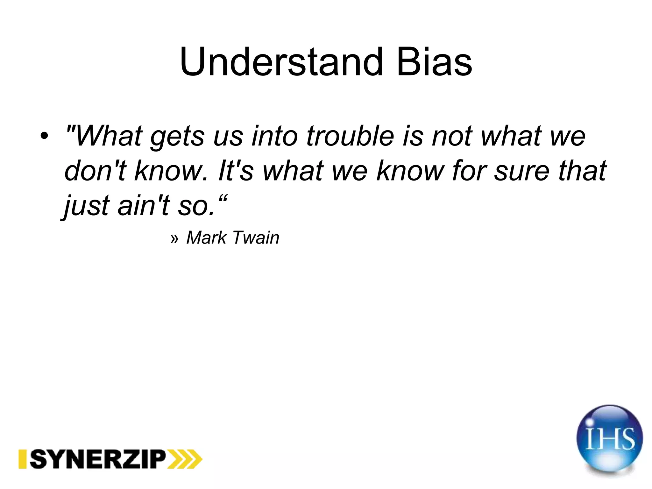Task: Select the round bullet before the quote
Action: [44, 136]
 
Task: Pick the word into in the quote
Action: [274, 136]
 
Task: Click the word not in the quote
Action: [452, 136]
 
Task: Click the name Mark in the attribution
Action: [206, 237]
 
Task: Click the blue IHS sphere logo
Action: [609, 439]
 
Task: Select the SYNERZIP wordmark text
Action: [98, 459]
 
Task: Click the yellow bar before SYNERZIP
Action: [22, 459]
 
